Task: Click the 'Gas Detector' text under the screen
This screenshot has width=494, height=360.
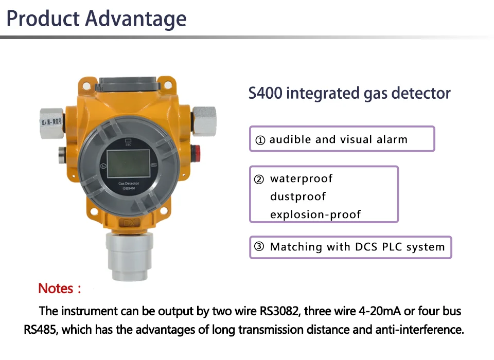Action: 129,184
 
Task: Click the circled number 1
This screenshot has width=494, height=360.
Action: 260,140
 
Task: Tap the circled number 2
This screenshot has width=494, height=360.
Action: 259,179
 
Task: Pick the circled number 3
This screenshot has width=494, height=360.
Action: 259,247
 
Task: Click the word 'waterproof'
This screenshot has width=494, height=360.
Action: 301,179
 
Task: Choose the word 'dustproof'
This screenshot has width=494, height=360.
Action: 298,197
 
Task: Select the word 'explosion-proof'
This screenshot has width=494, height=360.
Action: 315,214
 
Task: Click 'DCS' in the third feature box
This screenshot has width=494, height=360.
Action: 367,247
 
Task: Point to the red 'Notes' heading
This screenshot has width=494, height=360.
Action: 56,289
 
